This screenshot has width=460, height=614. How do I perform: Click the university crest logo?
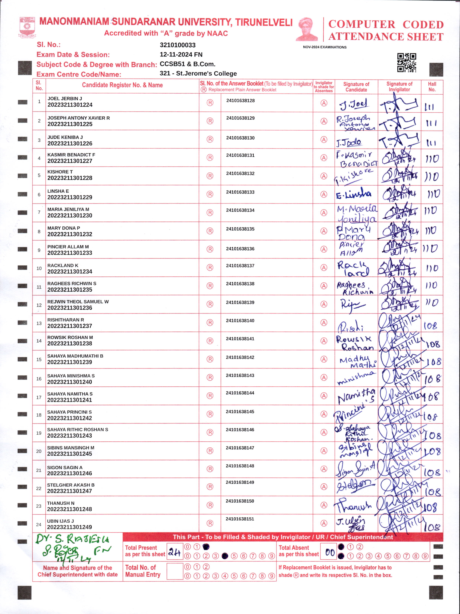tap(27, 27)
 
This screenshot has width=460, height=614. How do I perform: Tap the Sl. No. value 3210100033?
tap(178, 45)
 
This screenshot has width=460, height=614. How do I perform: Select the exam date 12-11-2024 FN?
tap(181, 55)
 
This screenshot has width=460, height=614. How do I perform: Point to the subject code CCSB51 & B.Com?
tap(187, 64)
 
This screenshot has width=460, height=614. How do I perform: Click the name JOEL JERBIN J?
tap(65, 99)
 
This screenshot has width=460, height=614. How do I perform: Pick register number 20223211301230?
tap(70, 216)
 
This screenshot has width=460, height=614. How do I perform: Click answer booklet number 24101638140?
tap(240, 321)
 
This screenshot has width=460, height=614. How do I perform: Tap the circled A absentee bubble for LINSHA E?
tap(324, 194)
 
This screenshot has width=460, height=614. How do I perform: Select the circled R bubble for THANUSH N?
tap(210, 505)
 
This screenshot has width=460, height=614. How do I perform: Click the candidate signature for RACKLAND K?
tap(353, 268)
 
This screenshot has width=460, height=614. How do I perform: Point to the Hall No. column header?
tap(432, 87)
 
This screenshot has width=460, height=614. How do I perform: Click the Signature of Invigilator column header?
tap(399, 87)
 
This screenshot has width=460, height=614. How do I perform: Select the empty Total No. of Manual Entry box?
tap(175, 571)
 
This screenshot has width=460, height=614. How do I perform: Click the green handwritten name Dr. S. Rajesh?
tap(72, 539)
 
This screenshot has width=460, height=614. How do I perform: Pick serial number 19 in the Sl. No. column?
tap(39, 433)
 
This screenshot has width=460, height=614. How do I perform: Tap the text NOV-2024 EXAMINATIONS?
tap(325, 47)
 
